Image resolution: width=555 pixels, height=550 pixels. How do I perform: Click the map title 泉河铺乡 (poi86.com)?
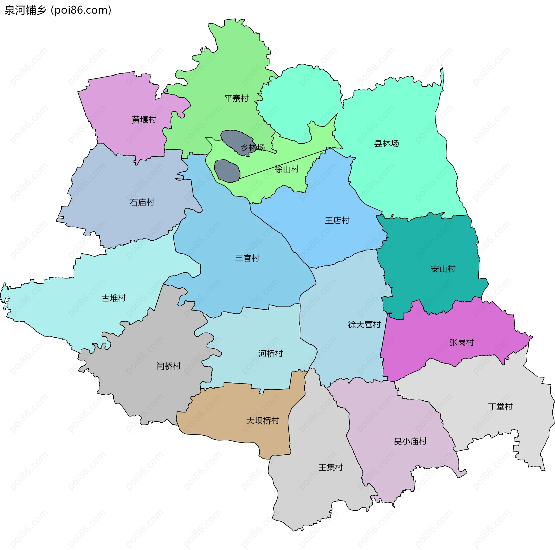click(58, 10)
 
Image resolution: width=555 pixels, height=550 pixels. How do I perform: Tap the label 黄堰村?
click(144, 120)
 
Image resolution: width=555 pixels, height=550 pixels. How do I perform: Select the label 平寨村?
click(236, 99)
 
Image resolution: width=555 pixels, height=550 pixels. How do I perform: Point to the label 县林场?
click(386, 144)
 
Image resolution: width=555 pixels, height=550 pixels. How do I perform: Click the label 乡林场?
click(253, 148)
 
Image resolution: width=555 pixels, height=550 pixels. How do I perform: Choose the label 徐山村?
click(287, 169)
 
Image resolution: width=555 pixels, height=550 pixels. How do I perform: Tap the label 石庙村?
click(142, 202)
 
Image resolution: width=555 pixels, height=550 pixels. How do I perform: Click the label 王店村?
click(337, 221)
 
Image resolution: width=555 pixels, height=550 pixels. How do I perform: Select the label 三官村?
click(247, 258)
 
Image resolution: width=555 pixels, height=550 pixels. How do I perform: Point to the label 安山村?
click(443, 269)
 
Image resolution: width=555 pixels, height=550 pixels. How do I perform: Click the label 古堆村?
click(114, 298)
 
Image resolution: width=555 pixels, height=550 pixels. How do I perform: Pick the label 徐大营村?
click(364, 325)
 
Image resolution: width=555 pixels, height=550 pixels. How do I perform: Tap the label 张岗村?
click(462, 343)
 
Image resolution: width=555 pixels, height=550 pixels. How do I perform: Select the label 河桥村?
click(270, 354)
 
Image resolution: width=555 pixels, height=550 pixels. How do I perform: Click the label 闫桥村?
click(168, 366)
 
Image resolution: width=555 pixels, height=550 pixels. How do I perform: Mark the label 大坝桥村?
click(262, 421)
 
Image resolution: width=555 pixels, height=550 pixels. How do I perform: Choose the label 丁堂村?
click(500, 407)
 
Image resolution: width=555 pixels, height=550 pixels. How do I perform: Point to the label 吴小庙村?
click(410, 441)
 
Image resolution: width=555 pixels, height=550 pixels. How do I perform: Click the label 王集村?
click(331, 467)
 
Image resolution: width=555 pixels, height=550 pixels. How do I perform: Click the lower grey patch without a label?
click(227, 171)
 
